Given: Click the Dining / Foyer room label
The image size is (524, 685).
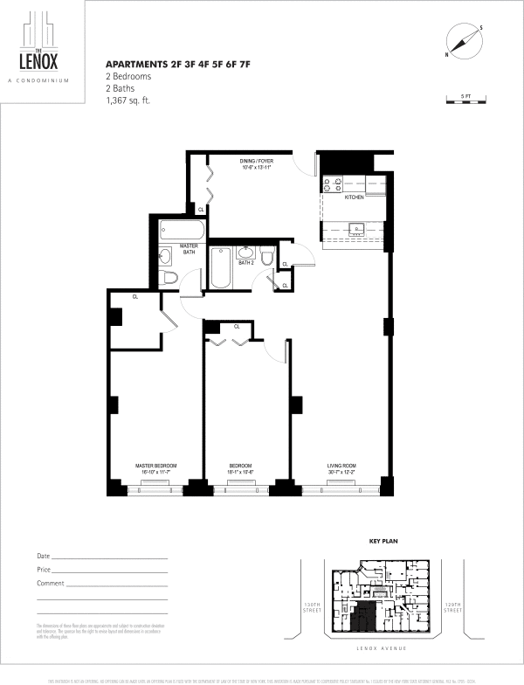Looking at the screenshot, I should click(x=257, y=162).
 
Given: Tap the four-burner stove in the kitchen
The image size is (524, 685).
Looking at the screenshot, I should click(x=333, y=184).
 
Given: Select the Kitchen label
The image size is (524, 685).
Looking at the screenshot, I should click(x=354, y=198).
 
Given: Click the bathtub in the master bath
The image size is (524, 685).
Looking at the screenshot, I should click(x=182, y=232).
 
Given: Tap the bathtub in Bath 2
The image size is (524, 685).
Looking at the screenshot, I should click(x=220, y=270).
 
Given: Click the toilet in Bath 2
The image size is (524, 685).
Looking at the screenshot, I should click(x=267, y=256).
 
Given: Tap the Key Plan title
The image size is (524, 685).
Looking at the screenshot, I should click(x=384, y=542).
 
